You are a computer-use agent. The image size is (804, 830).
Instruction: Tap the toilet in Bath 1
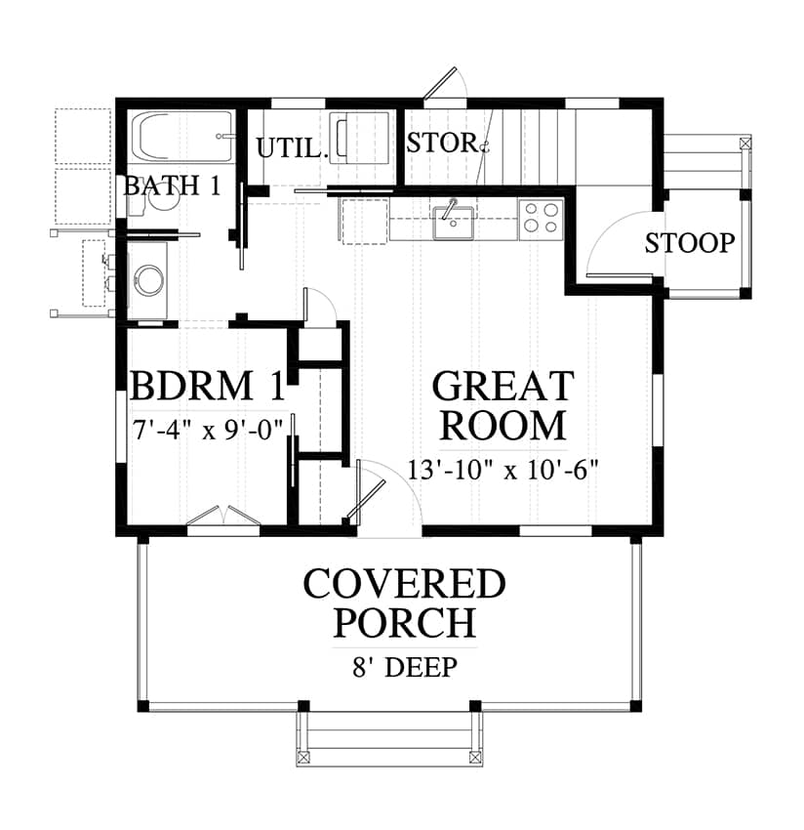click(x=153, y=197)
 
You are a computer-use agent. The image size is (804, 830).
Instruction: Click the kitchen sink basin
click(x=453, y=224)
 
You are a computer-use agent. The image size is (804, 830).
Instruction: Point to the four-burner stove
click(x=541, y=219)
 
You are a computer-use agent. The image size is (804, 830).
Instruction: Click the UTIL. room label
click(x=290, y=147)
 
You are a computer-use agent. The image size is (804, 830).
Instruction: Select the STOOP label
click(x=690, y=243)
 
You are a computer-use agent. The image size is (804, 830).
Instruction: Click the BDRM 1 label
click(x=208, y=386)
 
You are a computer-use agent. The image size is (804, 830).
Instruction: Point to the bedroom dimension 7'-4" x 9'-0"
click(x=208, y=430)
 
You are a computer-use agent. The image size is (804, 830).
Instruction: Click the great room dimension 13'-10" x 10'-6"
click(x=502, y=469)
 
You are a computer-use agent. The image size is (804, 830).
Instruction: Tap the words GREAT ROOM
click(x=503, y=405)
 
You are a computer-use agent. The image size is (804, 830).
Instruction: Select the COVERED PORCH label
click(x=405, y=602)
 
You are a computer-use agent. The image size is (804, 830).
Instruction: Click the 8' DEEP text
click(x=405, y=667)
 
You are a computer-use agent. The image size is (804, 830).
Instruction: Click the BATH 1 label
click(x=173, y=186)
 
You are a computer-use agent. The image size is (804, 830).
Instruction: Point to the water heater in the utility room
click(x=359, y=136)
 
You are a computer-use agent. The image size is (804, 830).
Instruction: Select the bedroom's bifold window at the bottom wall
click(x=223, y=517)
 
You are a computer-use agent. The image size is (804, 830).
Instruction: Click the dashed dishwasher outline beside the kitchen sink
click(x=364, y=222)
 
